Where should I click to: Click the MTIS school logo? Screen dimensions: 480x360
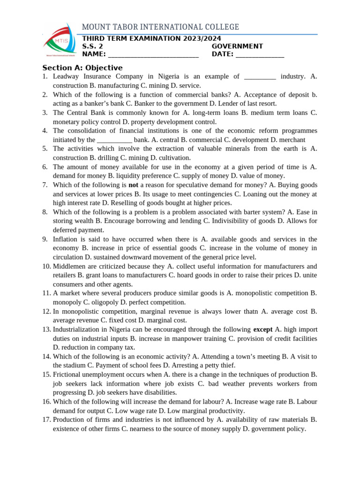point(59,41)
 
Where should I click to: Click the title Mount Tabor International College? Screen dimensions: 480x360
point(160,27)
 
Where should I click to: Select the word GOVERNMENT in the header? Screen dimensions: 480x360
point(237,46)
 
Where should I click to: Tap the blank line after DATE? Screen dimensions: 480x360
point(260,55)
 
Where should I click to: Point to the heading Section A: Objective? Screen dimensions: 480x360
point(82,67)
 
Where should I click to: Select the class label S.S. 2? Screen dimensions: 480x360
point(92,46)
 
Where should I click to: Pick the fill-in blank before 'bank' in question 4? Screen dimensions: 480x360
point(114,141)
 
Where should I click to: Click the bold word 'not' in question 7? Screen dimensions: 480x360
point(133,185)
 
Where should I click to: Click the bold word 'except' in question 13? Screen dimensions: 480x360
point(262,330)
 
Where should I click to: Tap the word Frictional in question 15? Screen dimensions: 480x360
point(67,375)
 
